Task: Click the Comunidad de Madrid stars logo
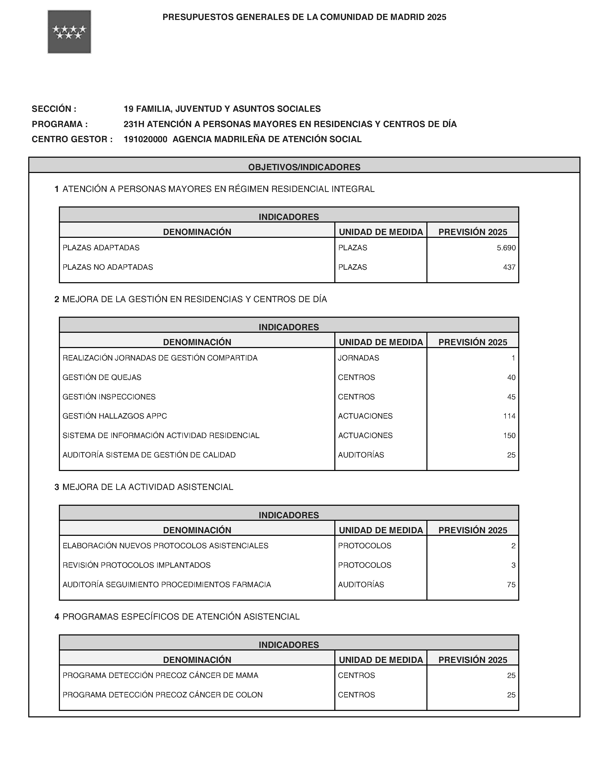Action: coord(69,32)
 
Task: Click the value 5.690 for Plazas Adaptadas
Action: coord(506,248)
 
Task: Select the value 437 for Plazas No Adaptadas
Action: coord(509,267)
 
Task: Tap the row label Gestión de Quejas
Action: coord(102,377)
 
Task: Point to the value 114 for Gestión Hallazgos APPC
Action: coord(509,416)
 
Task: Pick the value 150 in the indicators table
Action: coord(509,435)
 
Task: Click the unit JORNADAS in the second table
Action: coord(358,358)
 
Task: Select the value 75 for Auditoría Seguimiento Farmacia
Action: coord(511,585)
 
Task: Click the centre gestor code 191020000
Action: coord(146,139)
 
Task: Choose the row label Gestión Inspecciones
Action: coord(109,397)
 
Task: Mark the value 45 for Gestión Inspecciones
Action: coord(511,397)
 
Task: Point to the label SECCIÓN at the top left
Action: coord(54,109)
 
